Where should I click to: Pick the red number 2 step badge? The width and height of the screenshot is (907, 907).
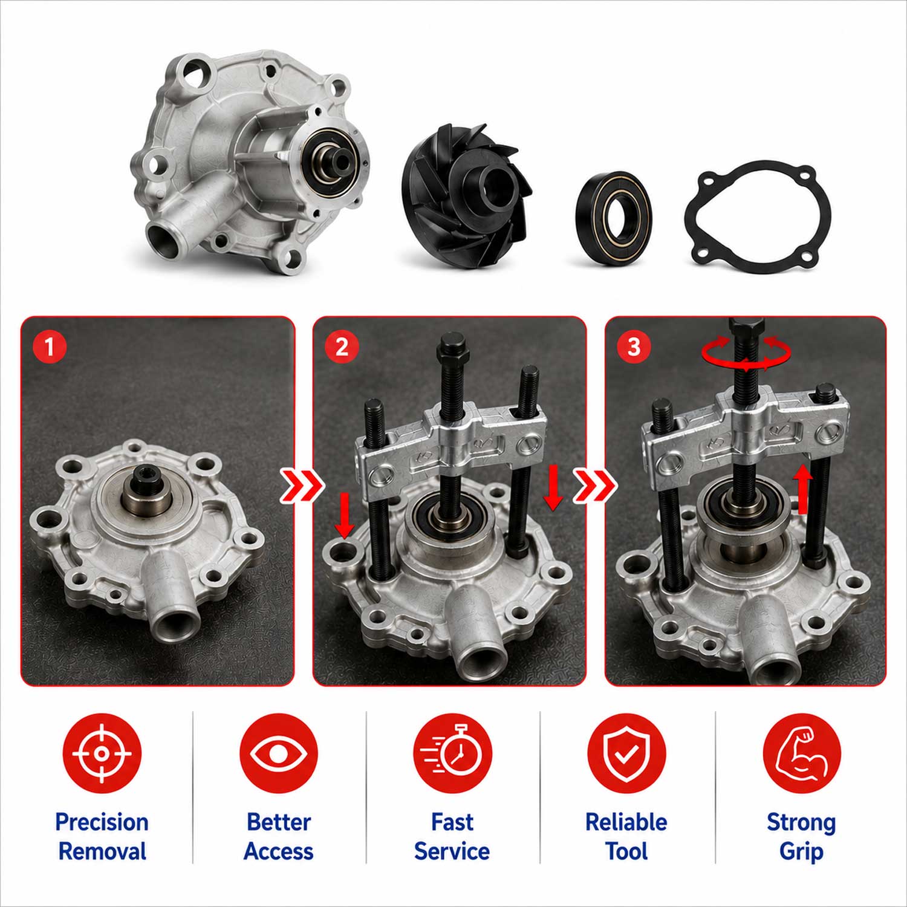pyautogui.click(x=342, y=347)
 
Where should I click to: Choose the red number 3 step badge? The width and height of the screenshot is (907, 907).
pyautogui.click(x=634, y=347)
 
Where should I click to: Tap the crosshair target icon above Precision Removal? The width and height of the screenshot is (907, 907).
pyautogui.click(x=102, y=753)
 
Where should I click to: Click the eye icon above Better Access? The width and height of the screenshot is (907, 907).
pyautogui.click(x=279, y=753)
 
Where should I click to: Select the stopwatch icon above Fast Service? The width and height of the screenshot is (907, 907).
pyautogui.click(x=453, y=753)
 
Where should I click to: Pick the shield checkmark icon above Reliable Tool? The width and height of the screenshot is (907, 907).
pyautogui.click(x=626, y=753)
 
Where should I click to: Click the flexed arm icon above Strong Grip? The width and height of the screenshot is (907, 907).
pyautogui.click(x=801, y=753)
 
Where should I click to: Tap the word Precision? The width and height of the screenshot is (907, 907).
pyautogui.click(x=102, y=822)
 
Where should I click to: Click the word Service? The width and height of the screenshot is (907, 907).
pyautogui.click(x=452, y=851)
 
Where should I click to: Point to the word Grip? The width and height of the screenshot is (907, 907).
pyautogui.click(x=801, y=852)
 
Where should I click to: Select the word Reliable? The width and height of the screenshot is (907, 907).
pyautogui.click(x=626, y=822)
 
